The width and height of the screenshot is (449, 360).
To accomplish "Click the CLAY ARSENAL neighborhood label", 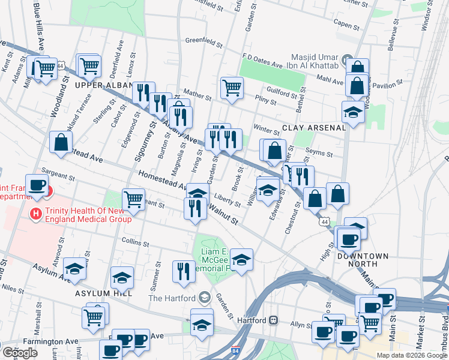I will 315,128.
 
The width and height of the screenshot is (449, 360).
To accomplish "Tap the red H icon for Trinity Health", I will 37,213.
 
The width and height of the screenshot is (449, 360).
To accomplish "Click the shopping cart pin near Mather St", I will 231,88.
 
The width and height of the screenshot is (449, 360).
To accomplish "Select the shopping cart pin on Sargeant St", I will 133,199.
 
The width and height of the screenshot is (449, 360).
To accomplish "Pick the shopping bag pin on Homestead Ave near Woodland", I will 61,142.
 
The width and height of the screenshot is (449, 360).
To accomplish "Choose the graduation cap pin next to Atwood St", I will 75,269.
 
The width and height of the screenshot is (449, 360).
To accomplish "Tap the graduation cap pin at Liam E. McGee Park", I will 241,259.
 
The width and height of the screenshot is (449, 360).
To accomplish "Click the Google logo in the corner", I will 20,353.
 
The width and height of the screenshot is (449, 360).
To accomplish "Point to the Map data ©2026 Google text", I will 411,355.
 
